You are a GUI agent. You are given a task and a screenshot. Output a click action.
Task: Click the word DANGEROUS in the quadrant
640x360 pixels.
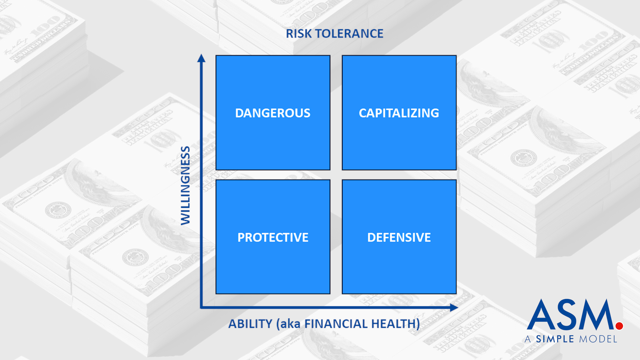pos(273,113)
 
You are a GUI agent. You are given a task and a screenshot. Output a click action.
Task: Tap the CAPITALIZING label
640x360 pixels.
pos(399,113)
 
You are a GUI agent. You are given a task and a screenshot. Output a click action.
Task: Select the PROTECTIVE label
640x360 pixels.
pos(273,237)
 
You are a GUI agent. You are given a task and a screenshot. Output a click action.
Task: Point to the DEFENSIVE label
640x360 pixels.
pos(399,237)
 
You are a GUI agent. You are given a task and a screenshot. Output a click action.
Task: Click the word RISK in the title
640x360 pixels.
pos(299,34)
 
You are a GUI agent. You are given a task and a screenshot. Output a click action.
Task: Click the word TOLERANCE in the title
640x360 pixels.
pos(349,34)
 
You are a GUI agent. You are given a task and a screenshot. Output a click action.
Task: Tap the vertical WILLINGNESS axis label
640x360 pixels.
pos(185,185)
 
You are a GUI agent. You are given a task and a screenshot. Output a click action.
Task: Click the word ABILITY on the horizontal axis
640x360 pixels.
pos(250,324)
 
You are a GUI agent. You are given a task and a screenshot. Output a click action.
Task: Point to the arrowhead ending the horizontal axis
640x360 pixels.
pos(454,307)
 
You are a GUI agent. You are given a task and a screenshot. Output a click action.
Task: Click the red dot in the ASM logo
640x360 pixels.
pos(619,326)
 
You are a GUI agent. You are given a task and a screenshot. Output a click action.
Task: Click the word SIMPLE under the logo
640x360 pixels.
pos(555,339)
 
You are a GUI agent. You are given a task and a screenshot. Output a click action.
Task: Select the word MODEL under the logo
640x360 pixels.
pos(598,339)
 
